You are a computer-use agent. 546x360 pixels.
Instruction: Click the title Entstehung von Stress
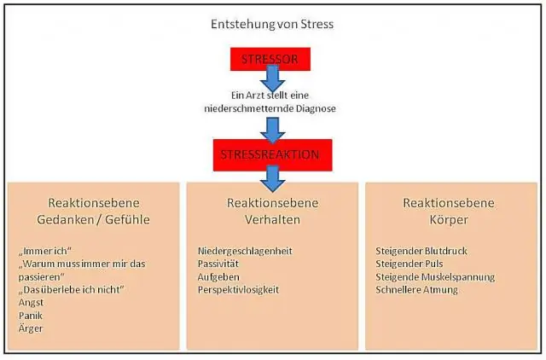point(271,24)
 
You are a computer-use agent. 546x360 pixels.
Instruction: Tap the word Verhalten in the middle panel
point(272,219)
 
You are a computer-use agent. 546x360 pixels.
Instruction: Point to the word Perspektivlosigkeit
point(238,289)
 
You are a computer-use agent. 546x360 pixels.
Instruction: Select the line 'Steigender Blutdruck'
point(422,251)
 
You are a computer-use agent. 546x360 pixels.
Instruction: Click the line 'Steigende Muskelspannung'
point(435,276)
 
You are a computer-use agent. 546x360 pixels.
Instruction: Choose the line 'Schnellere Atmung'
point(416,289)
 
